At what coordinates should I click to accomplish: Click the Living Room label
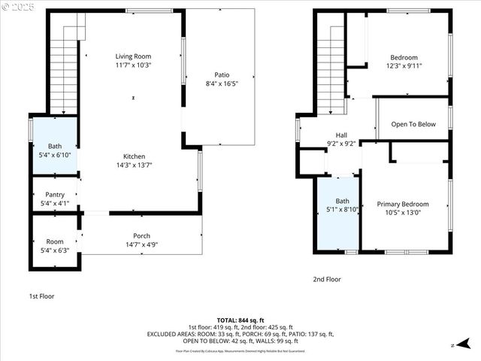(x=133, y=56)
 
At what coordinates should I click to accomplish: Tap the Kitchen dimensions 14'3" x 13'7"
(x=133, y=165)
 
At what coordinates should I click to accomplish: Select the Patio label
(x=222, y=74)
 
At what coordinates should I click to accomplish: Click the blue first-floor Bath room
(x=55, y=147)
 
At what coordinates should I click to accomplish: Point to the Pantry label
(x=55, y=195)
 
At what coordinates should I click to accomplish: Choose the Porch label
(x=141, y=235)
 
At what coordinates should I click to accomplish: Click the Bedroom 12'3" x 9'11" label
(x=404, y=57)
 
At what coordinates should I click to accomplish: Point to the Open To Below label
(x=413, y=124)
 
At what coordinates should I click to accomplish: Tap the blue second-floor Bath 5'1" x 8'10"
(x=342, y=211)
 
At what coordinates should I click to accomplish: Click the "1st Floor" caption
(x=41, y=296)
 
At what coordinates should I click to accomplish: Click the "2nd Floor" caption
(x=327, y=279)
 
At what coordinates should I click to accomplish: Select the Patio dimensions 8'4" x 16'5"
(x=222, y=83)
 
